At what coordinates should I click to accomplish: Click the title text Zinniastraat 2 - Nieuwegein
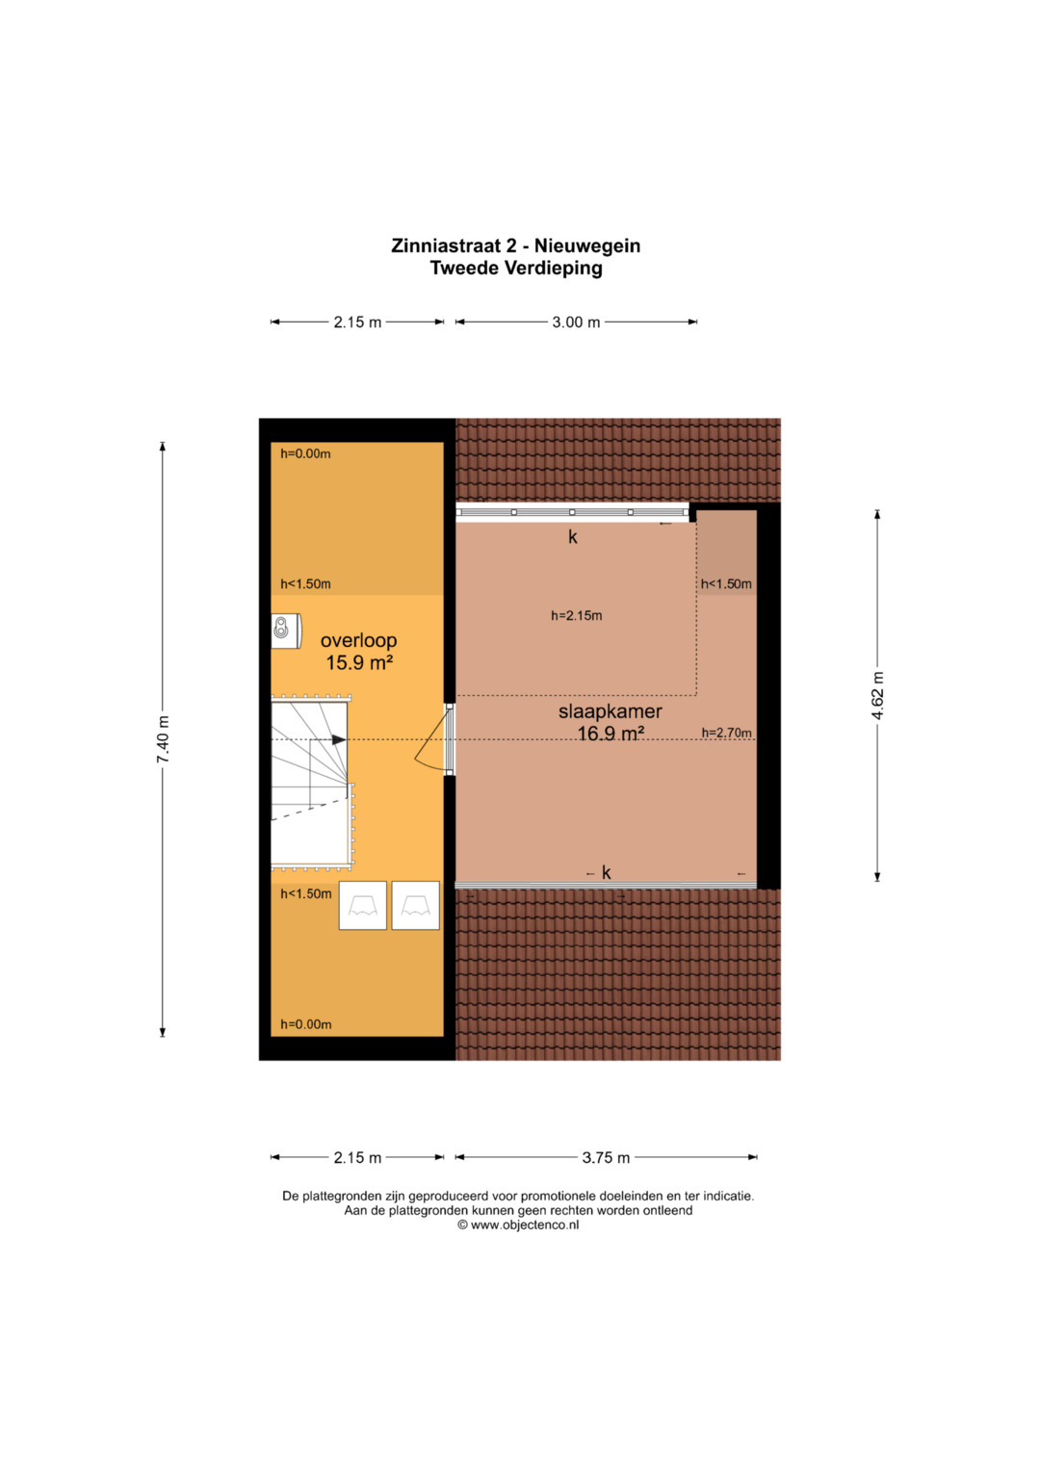pyautogui.click(x=515, y=245)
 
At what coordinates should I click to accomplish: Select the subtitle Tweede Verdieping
pyautogui.click(x=516, y=268)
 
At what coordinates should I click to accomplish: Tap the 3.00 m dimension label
pyautogui.click(x=576, y=322)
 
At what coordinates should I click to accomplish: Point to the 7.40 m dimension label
pyautogui.click(x=163, y=739)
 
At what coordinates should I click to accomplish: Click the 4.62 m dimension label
pyautogui.click(x=878, y=696)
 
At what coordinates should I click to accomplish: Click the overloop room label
pyautogui.click(x=358, y=640)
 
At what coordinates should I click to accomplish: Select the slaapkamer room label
pyautogui.click(x=610, y=711)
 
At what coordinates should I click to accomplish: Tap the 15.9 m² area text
pyautogui.click(x=359, y=662)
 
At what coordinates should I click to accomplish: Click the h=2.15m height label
pyautogui.click(x=577, y=615)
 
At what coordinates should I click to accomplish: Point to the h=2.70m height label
pyautogui.click(x=726, y=733)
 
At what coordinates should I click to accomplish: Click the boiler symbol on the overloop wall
pyautogui.click(x=287, y=631)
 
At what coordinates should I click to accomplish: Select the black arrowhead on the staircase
pyautogui.click(x=339, y=739)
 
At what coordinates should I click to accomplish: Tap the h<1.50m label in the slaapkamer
pyautogui.click(x=726, y=584)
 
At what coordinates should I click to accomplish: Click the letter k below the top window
pyautogui.click(x=573, y=537)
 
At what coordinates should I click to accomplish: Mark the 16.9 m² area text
pyautogui.click(x=611, y=733)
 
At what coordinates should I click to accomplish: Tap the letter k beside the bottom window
pyautogui.click(x=606, y=872)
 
